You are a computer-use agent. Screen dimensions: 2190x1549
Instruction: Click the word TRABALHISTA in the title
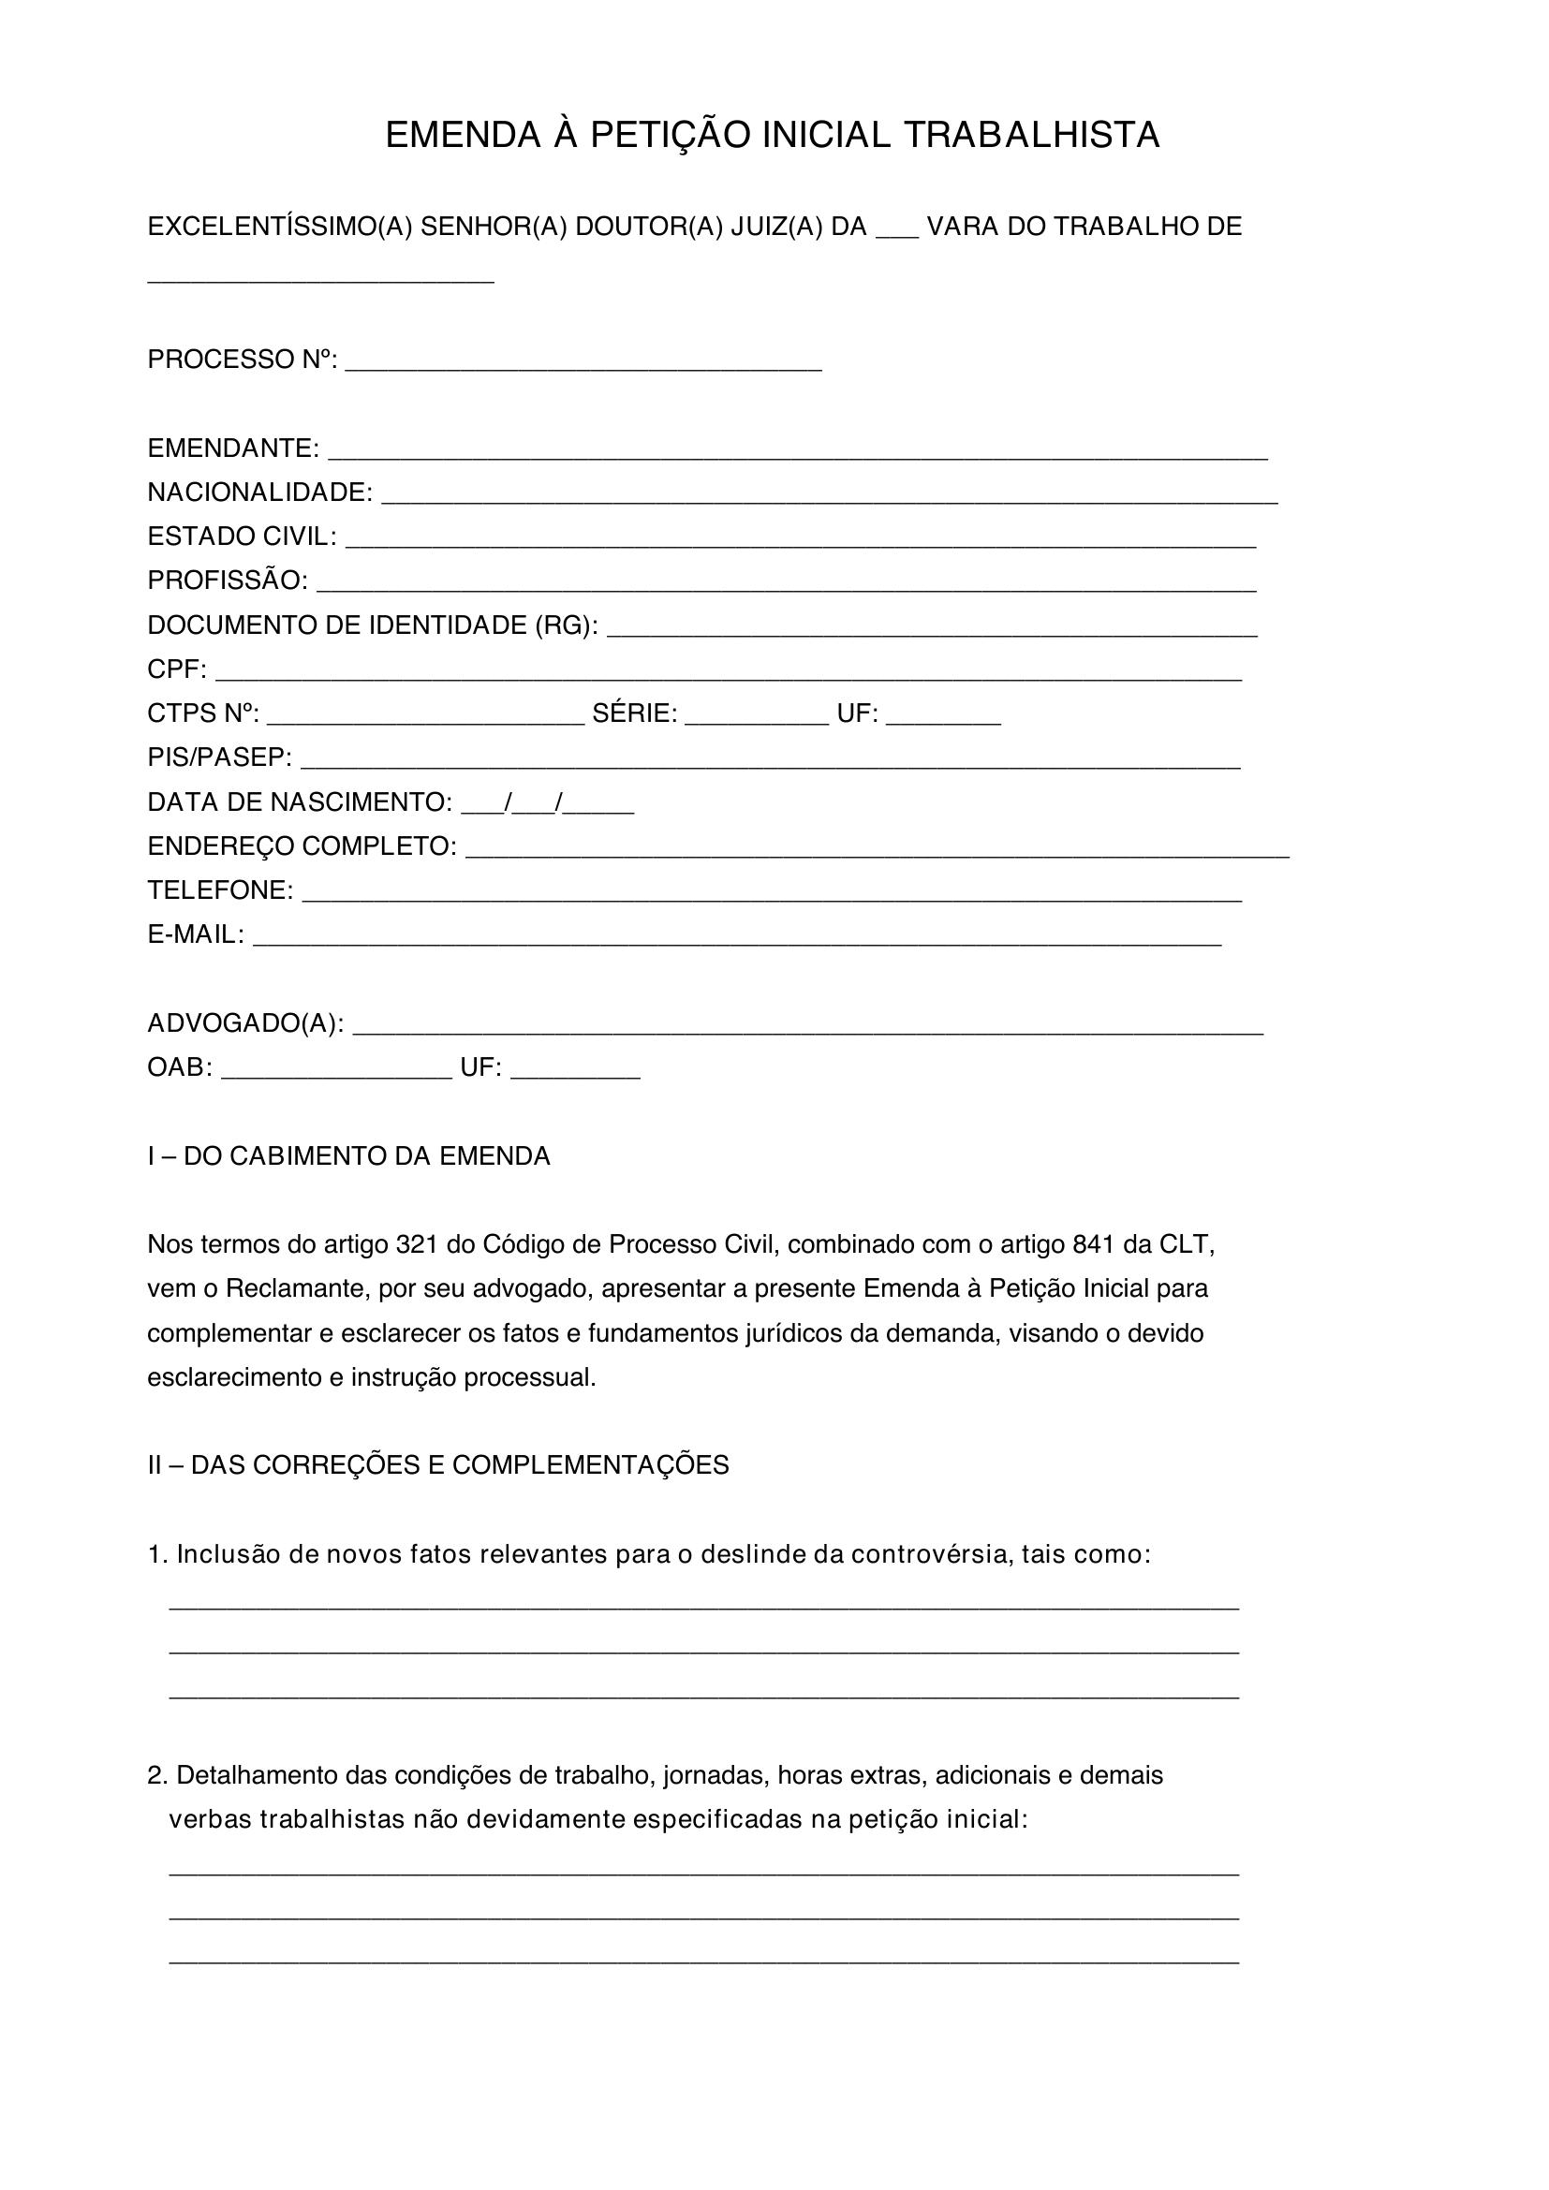1031,136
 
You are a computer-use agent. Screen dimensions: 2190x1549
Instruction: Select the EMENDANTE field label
233,448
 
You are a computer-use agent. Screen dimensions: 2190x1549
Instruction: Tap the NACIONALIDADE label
259,492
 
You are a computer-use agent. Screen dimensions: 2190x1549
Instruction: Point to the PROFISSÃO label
227,580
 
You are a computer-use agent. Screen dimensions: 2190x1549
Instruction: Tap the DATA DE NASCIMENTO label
300,802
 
